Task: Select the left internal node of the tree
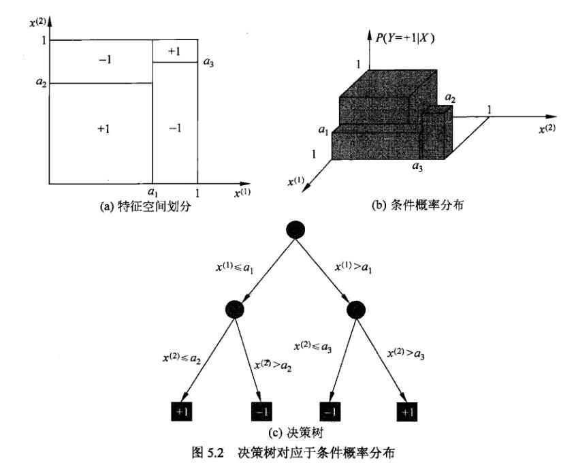(232, 310)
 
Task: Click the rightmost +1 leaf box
(406, 411)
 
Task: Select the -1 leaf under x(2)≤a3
(330, 411)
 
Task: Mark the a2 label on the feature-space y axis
(42, 84)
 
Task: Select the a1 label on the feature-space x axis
(152, 193)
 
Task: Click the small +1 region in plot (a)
(174, 51)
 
